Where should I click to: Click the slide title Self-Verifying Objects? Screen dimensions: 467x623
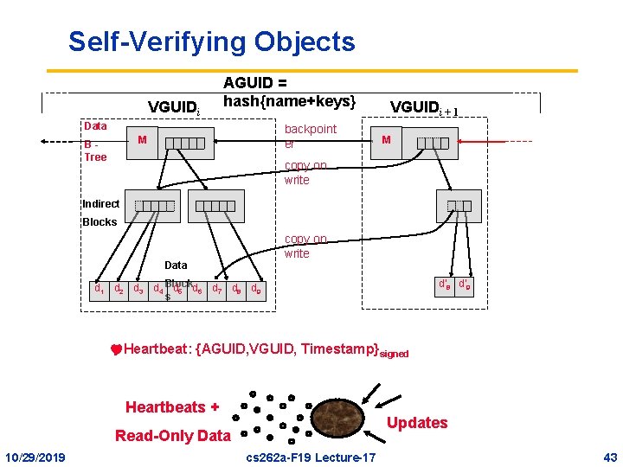[211, 42]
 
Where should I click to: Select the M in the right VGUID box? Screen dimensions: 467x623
[387, 140]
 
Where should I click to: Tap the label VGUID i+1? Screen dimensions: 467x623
[423, 107]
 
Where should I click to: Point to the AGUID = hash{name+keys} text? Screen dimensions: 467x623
[289, 93]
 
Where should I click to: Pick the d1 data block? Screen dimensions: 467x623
[100, 287]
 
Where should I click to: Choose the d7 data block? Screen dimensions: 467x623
[217, 287]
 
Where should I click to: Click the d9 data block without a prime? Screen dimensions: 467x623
[257, 287]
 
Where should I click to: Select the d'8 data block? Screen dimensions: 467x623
[445, 283]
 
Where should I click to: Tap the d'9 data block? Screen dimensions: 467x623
[465, 283]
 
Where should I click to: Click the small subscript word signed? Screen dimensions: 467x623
[394, 354]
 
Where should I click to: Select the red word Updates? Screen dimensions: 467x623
[417, 423]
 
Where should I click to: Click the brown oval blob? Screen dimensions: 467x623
[337, 419]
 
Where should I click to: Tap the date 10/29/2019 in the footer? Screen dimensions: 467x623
[35, 456]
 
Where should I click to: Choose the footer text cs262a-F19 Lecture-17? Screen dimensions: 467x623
[311, 456]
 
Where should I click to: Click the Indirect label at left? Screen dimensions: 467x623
[100, 204]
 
